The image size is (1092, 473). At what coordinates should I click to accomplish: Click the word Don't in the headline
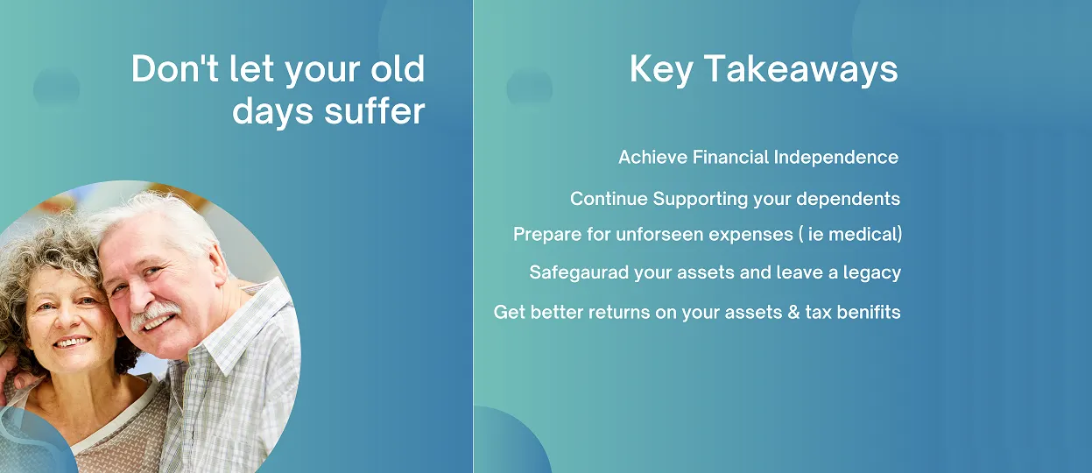click(x=175, y=68)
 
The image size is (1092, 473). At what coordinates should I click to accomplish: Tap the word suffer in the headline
click(x=375, y=110)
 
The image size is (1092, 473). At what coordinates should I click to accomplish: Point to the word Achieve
click(x=652, y=158)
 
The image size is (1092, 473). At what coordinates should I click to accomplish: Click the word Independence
click(x=836, y=158)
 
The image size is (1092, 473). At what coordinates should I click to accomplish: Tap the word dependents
click(x=849, y=199)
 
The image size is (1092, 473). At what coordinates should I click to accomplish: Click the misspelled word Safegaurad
click(x=579, y=272)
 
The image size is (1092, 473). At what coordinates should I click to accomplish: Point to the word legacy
click(x=872, y=272)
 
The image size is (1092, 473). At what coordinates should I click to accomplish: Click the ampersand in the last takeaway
click(x=793, y=312)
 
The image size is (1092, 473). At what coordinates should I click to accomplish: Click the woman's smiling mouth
click(x=71, y=342)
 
